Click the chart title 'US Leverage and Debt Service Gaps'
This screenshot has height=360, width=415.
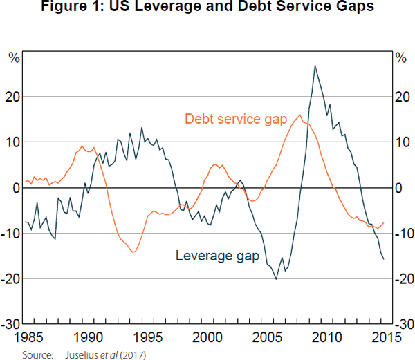pos(207,9)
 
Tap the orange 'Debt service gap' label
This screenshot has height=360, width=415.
pos(235,120)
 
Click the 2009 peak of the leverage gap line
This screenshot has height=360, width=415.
pos(315,66)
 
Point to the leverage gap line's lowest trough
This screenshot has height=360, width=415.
pos(277,278)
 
